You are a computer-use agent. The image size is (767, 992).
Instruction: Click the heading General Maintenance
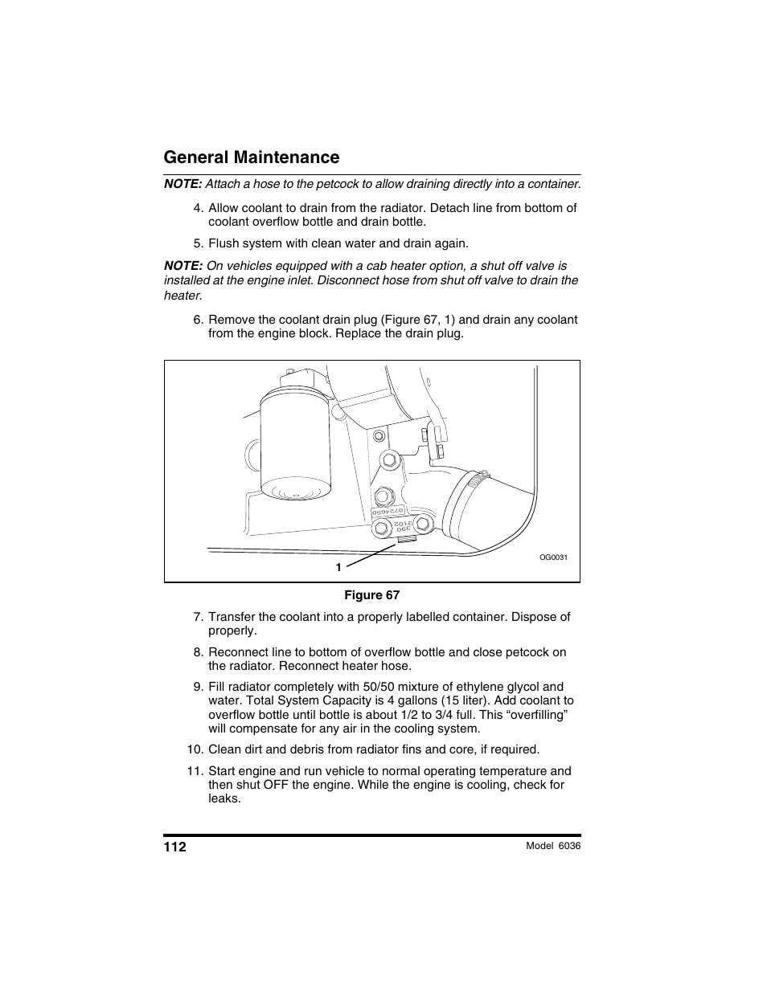point(251,157)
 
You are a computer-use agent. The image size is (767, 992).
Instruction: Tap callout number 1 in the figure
point(338,567)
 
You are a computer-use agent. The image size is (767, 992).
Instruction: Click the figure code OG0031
point(553,557)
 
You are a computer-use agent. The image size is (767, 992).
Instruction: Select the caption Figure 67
point(371,595)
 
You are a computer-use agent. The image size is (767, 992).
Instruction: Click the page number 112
point(175,847)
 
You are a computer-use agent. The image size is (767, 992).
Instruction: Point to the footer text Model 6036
point(552,846)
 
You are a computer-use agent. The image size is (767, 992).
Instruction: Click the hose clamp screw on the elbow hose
point(478,481)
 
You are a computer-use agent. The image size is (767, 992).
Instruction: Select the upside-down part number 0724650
point(388,512)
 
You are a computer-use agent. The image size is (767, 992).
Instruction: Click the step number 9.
point(197,687)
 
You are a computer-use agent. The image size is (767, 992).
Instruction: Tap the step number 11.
point(194,771)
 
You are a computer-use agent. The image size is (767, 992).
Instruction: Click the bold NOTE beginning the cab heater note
point(183,266)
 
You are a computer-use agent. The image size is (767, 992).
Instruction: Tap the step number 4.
point(197,208)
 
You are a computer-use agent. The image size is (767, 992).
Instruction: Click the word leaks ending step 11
point(224,799)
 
